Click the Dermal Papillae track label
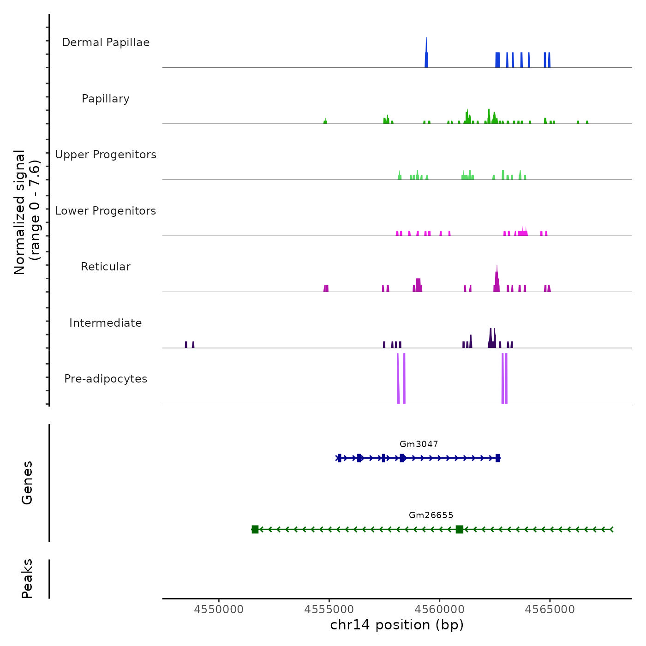[106, 42]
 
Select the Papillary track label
[106, 99]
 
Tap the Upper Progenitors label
[106, 155]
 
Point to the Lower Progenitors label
[106, 211]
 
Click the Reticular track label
[106, 267]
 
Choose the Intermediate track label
[106, 323]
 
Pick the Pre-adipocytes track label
[106, 379]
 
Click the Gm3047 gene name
[419, 444]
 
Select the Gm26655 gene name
[431, 515]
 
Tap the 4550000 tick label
[219, 610]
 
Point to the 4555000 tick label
[329, 610]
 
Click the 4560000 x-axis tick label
[439, 610]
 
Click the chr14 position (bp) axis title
[397, 625]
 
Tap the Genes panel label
[27, 483]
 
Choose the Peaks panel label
[27, 579]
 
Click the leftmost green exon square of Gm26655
[255, 529]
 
